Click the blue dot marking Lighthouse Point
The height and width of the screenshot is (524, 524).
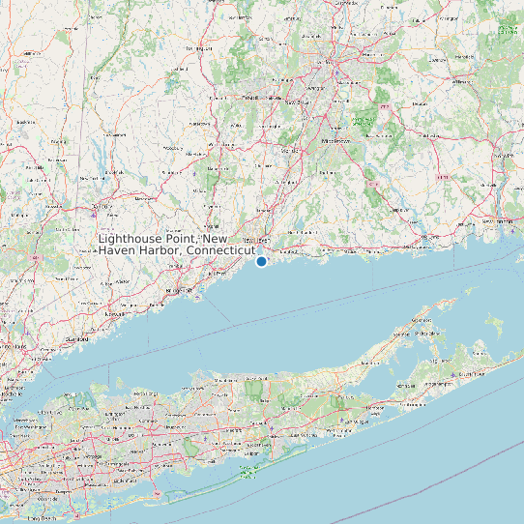[x=261, y=261]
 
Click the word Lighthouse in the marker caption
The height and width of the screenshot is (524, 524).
[x=133, y=238]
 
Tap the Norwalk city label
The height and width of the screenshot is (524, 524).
[x=115, y=314]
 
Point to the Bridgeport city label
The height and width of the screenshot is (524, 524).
[x=177, y=289]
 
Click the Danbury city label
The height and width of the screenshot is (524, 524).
[x=99, y=206]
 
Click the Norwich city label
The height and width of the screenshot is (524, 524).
[x=451, y=179]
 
